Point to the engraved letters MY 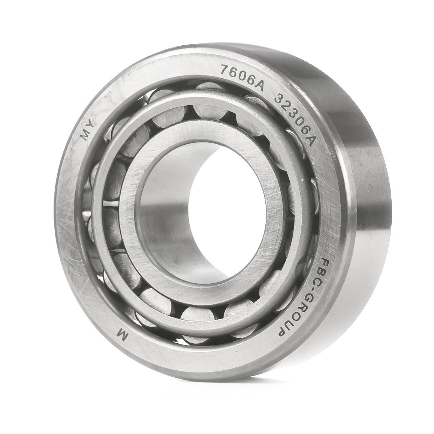[x=88, y=130]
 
